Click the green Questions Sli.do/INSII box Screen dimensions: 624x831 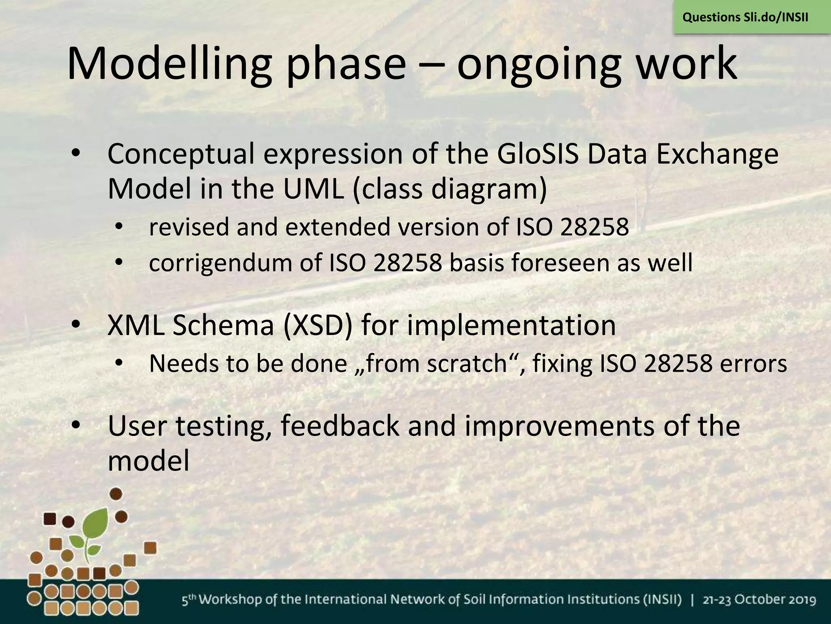(745, 17)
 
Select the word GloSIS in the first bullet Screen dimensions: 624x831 (537, 154)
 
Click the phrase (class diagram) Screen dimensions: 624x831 (450, 190)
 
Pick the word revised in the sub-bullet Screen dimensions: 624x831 (189, 227)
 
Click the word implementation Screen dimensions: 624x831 (511, 326)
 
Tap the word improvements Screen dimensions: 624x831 (560, 427)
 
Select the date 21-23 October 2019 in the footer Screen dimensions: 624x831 (759, 600)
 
